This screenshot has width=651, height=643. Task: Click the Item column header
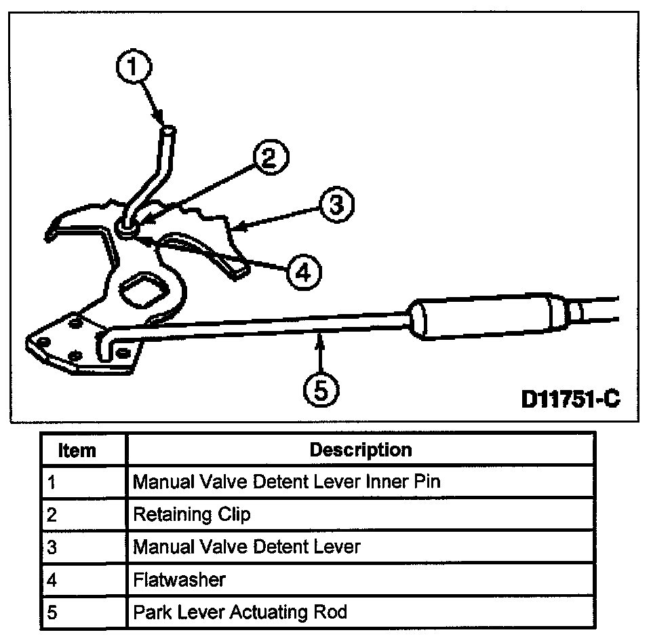pos(77,450)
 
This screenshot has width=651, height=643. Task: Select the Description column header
pos(360,450)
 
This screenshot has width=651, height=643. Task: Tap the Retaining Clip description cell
pos(192,515)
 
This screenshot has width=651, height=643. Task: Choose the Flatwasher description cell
pos(179,580)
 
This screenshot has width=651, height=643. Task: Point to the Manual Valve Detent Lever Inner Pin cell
pos(286,482)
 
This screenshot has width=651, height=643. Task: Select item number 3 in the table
pos(52,547)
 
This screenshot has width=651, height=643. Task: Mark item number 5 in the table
pos(52,612)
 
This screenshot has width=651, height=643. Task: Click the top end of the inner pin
pos(167,130)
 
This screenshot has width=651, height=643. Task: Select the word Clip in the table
pos(234,515)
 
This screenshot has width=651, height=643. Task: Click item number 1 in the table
pos(52,483)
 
